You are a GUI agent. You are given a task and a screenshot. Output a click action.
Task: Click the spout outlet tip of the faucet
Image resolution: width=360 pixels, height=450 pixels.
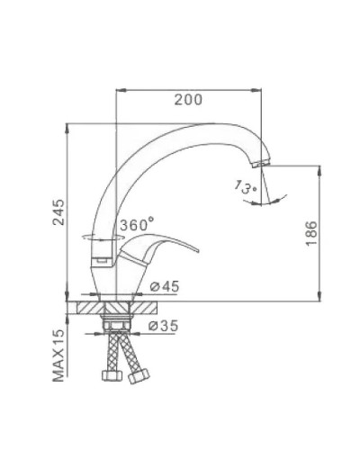pyautogui.click(x=260, y=165)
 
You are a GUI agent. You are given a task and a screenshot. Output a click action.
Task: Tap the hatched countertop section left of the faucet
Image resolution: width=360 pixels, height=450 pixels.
pyautogui.click(x=89, y=306)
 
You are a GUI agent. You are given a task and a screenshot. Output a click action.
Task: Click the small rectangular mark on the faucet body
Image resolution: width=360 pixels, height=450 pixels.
pyautogui.click(x=102, y=263)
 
